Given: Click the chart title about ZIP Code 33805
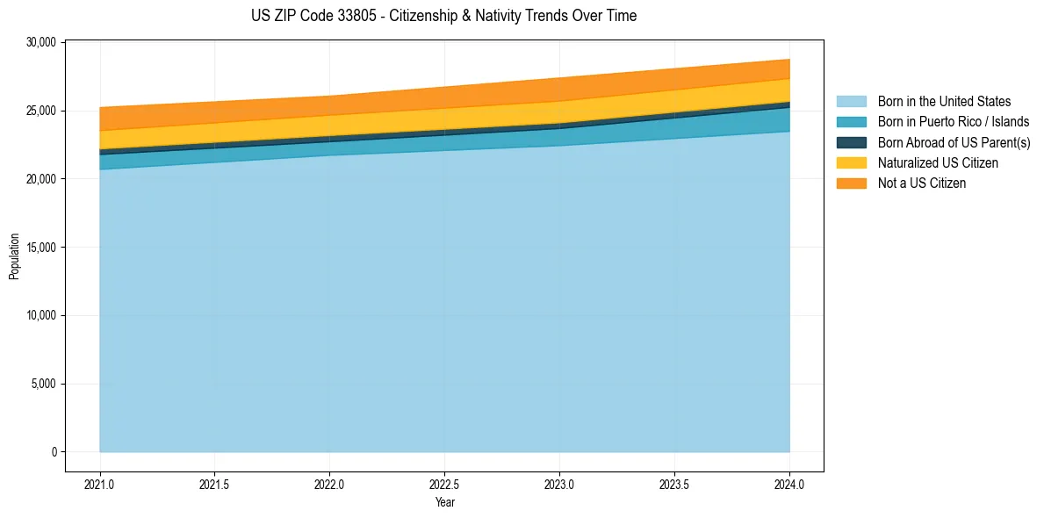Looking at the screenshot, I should point(443,16).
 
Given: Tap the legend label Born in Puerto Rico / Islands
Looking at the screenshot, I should point(953,122).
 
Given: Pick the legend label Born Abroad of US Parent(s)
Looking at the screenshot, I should point(954,142).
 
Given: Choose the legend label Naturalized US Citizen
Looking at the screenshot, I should point(938,163).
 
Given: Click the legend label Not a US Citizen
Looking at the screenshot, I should point(922,183).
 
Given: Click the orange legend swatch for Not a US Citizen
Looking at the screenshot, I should point(851,183).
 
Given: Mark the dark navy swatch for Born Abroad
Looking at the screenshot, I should point(851,142).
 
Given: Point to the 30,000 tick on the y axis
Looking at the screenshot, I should point(42,42).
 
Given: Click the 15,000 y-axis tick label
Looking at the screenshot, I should point(42,248).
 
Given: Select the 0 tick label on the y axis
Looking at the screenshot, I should point(54,452).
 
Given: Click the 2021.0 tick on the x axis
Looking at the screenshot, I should point(99,484).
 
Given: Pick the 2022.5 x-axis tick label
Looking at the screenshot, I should point(444,484).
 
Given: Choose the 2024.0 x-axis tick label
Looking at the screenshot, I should point(789,484).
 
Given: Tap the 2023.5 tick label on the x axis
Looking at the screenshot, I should point(674,484).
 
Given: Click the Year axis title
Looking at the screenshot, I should point(444,502).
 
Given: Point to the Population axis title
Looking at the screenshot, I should point(14,256).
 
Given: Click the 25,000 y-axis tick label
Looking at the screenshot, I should point(42,111).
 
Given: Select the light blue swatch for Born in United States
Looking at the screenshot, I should point(851,102).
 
